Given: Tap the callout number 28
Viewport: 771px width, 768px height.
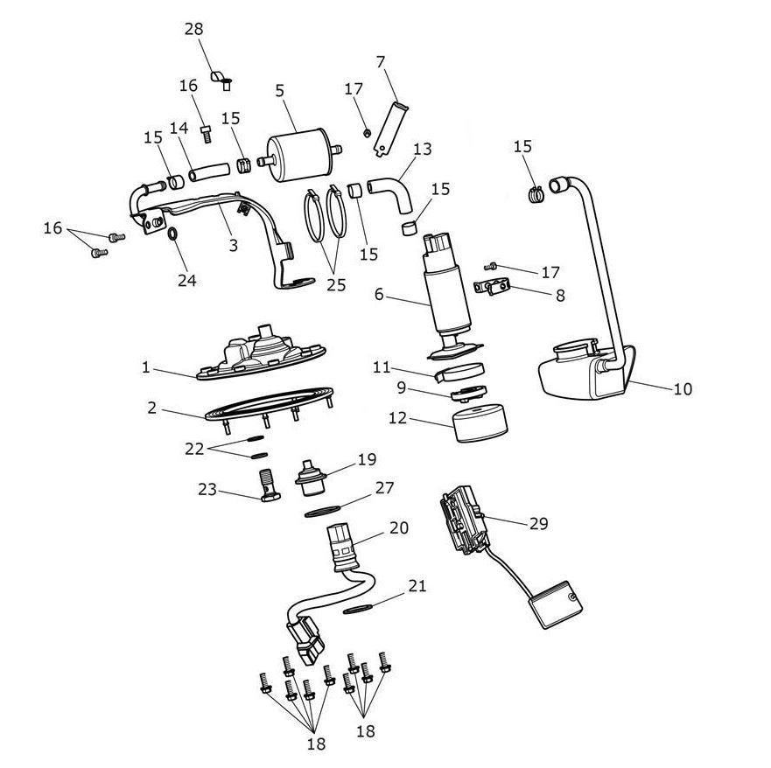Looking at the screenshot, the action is click(x=193, y=29).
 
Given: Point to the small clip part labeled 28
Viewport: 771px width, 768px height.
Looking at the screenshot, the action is click(x=221, y=80).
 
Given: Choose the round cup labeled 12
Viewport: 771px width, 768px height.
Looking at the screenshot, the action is click(x=480, y=422).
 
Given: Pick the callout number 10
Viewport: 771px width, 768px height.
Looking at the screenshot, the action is click(x=683, y=388).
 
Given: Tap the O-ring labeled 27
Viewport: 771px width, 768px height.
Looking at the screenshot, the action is click(x=323, y=511).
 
